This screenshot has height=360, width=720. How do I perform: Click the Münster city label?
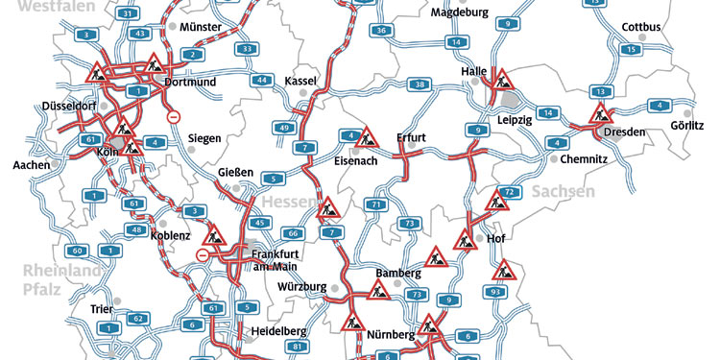(201, 27)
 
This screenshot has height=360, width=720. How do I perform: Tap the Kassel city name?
(302, 81)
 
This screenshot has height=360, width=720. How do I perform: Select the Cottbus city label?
(641, 27)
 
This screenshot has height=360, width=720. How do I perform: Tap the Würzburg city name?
(302, 287)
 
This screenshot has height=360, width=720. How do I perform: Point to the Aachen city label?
(31, 165)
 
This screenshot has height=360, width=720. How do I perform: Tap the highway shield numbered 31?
(129, 13)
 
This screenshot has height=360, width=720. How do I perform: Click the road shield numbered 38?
(420, 85)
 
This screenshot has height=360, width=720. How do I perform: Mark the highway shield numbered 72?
(510, 194)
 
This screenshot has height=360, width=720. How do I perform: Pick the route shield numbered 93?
(496, 291)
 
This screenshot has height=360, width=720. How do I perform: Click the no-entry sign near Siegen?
(174, 117)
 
